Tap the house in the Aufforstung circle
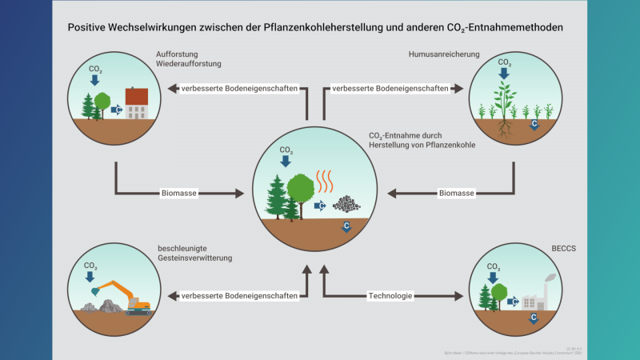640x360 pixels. pyautogui.click(x=137, y=102)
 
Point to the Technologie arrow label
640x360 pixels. pyautogui.click(x=390, y=296)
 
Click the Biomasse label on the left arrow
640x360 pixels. pyautogui.click(x=179, y=194)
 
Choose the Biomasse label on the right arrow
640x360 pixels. pyautogui.click(x=457, y=194)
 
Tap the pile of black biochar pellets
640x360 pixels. pyautogui.click(x=346, y=204)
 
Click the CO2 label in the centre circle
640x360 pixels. pyautogui.click(x=286, y=150)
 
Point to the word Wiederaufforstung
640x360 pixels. pyautogui.click(x=189, y=66)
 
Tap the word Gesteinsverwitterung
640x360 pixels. pyautogui.click(x=195, y=258)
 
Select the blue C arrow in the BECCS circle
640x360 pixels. pyautogui.click(x=534, y=318)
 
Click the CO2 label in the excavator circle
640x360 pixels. pyautogui.click(x=91, y=266)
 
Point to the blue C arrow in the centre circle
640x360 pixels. pyautogui.click(x=346, y=227)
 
